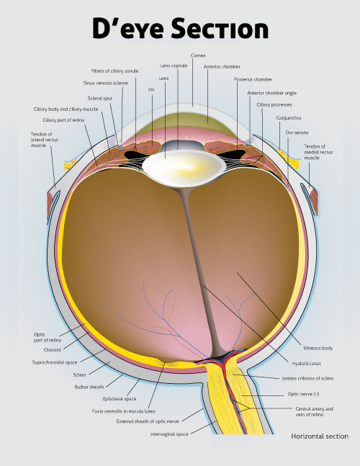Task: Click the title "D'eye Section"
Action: (x=180, y=28)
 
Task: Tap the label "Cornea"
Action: (x=198, y=55)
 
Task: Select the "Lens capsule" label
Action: (x=174, y=66)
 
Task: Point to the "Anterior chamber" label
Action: (x=222, y=67)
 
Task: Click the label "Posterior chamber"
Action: (x=253, y=80)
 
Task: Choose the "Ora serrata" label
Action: (x=297, y=133)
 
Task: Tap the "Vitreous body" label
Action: (x=318, y=348)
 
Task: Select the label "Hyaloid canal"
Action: (x=306, y=364)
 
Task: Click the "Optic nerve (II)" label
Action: (x=303, y=394)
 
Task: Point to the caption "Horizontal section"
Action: (x=320, y=436)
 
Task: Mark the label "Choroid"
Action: (x=53, y=350)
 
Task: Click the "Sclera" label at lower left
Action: (x=80, y=375)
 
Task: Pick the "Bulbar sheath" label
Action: (x=89, y=387)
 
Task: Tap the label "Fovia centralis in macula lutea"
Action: (x=124, y=411)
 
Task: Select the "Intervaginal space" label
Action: (x=169, y=434)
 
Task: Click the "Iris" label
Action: (x=151, y=89)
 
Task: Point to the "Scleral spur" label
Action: (x=100, y=99)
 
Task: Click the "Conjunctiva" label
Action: (x=289, y=118)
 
